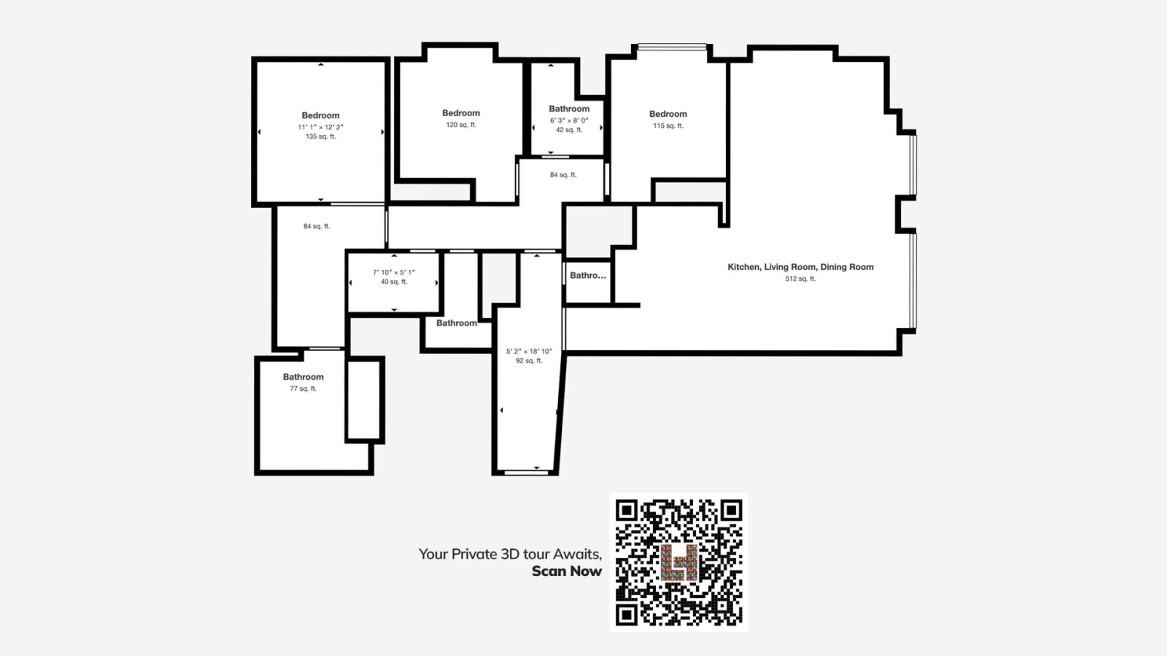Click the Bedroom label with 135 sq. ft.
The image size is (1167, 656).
pos(320,115)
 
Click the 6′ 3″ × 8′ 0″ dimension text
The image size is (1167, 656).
pos(569,121)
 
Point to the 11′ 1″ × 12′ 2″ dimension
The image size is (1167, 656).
pos(320,127)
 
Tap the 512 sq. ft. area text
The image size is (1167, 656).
pos(800,279)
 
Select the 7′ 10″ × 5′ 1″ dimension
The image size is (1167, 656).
pos(394,272)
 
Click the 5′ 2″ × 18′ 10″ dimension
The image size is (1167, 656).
pos(529,351)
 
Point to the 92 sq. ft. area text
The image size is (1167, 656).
pos(529,361)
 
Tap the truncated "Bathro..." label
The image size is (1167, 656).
pos(587,275)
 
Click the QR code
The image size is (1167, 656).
pos(679,562)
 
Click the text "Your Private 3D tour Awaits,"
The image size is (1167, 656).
pos(510,554)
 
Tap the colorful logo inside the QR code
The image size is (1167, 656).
pos(679,562)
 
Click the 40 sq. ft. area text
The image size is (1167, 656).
pos(394,282)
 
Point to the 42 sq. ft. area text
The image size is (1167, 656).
pos(569,130)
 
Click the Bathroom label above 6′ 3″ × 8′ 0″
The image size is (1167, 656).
pos(569,109)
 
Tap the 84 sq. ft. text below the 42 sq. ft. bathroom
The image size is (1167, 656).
pos(563,175)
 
